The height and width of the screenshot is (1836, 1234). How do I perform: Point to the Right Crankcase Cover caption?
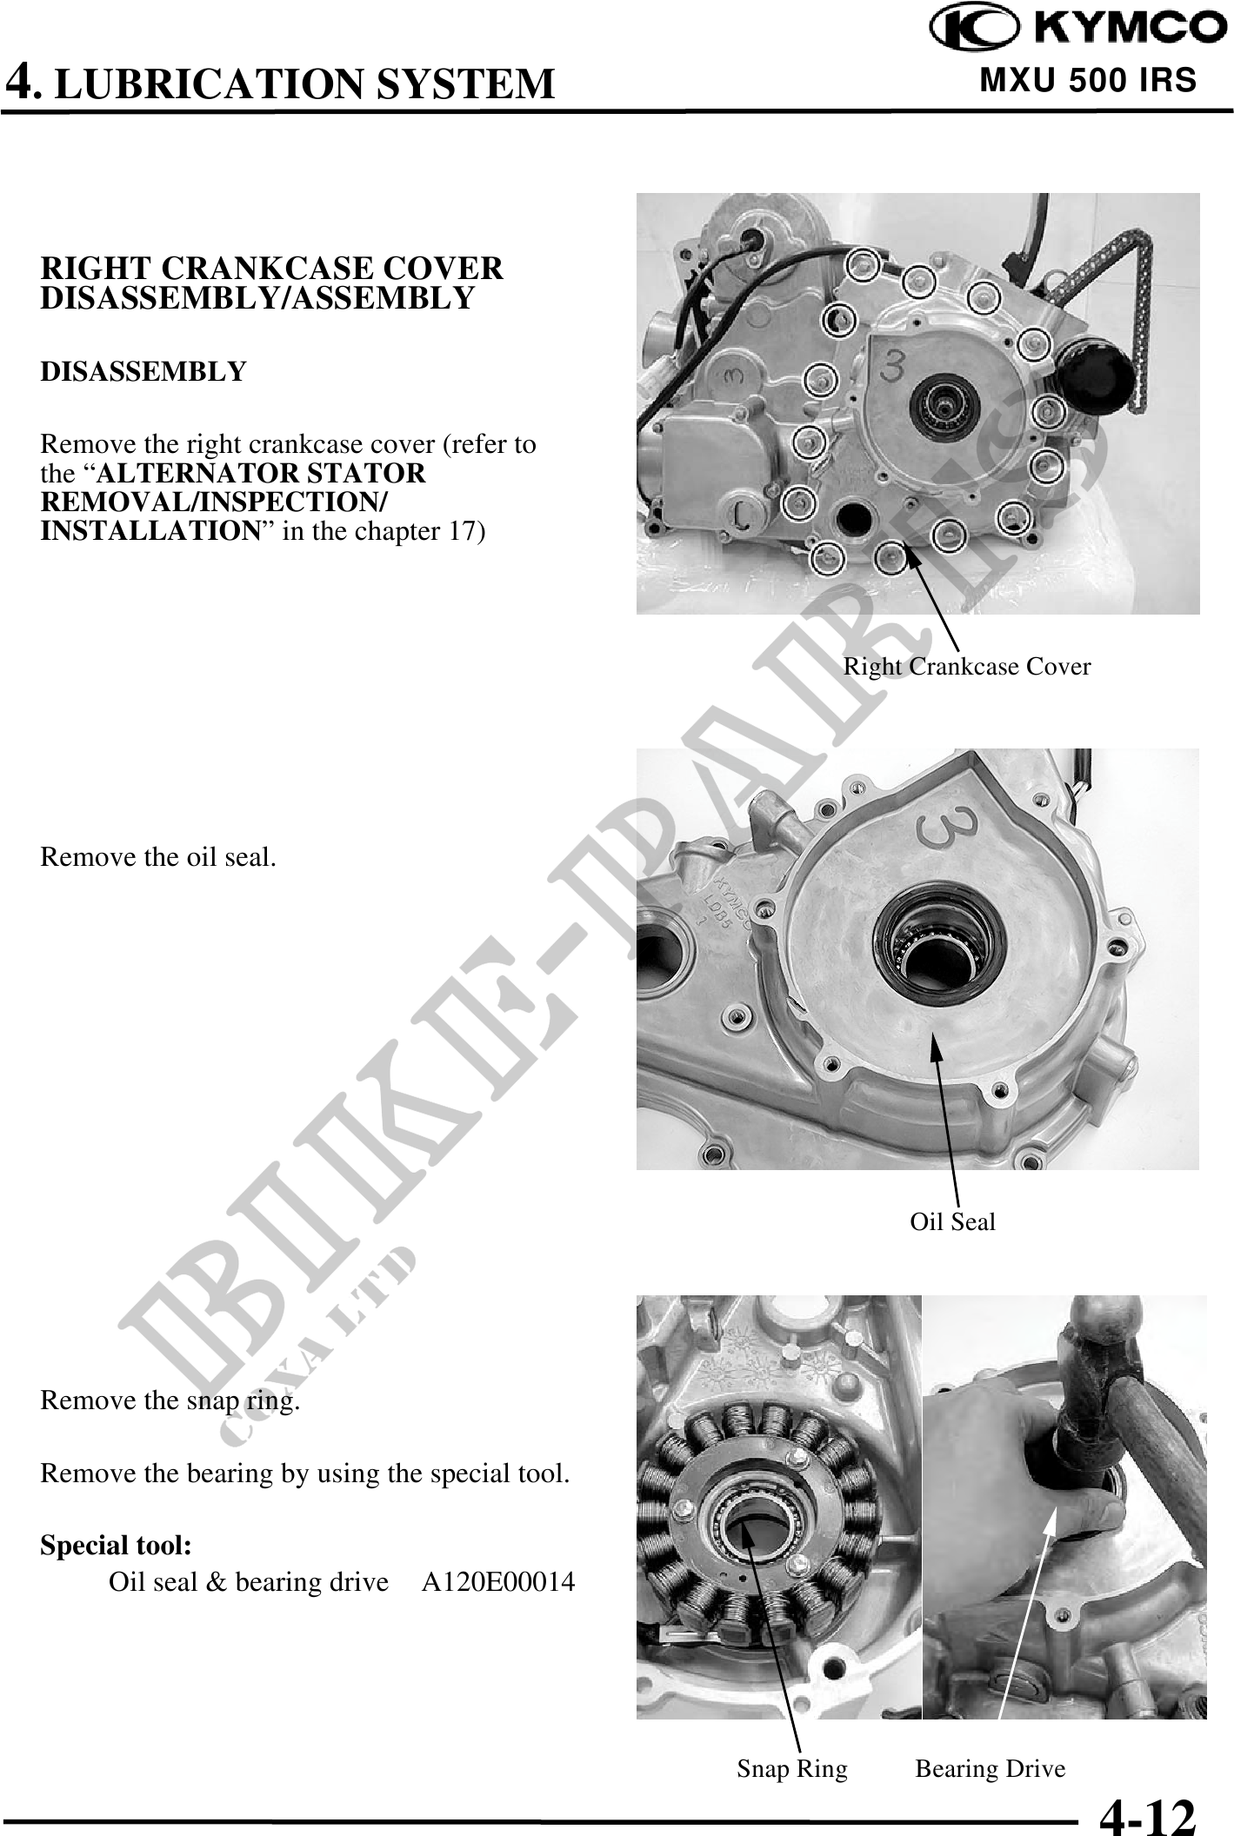(967, 667)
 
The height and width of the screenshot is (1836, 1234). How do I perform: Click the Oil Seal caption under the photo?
(952, 1221)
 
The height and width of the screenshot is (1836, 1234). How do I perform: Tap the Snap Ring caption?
(792, 1768)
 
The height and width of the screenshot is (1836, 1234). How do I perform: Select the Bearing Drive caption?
(991, 1768)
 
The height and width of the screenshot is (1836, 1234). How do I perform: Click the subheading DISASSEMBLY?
(143, 371)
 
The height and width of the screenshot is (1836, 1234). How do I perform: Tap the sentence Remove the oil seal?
(158, 857)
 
